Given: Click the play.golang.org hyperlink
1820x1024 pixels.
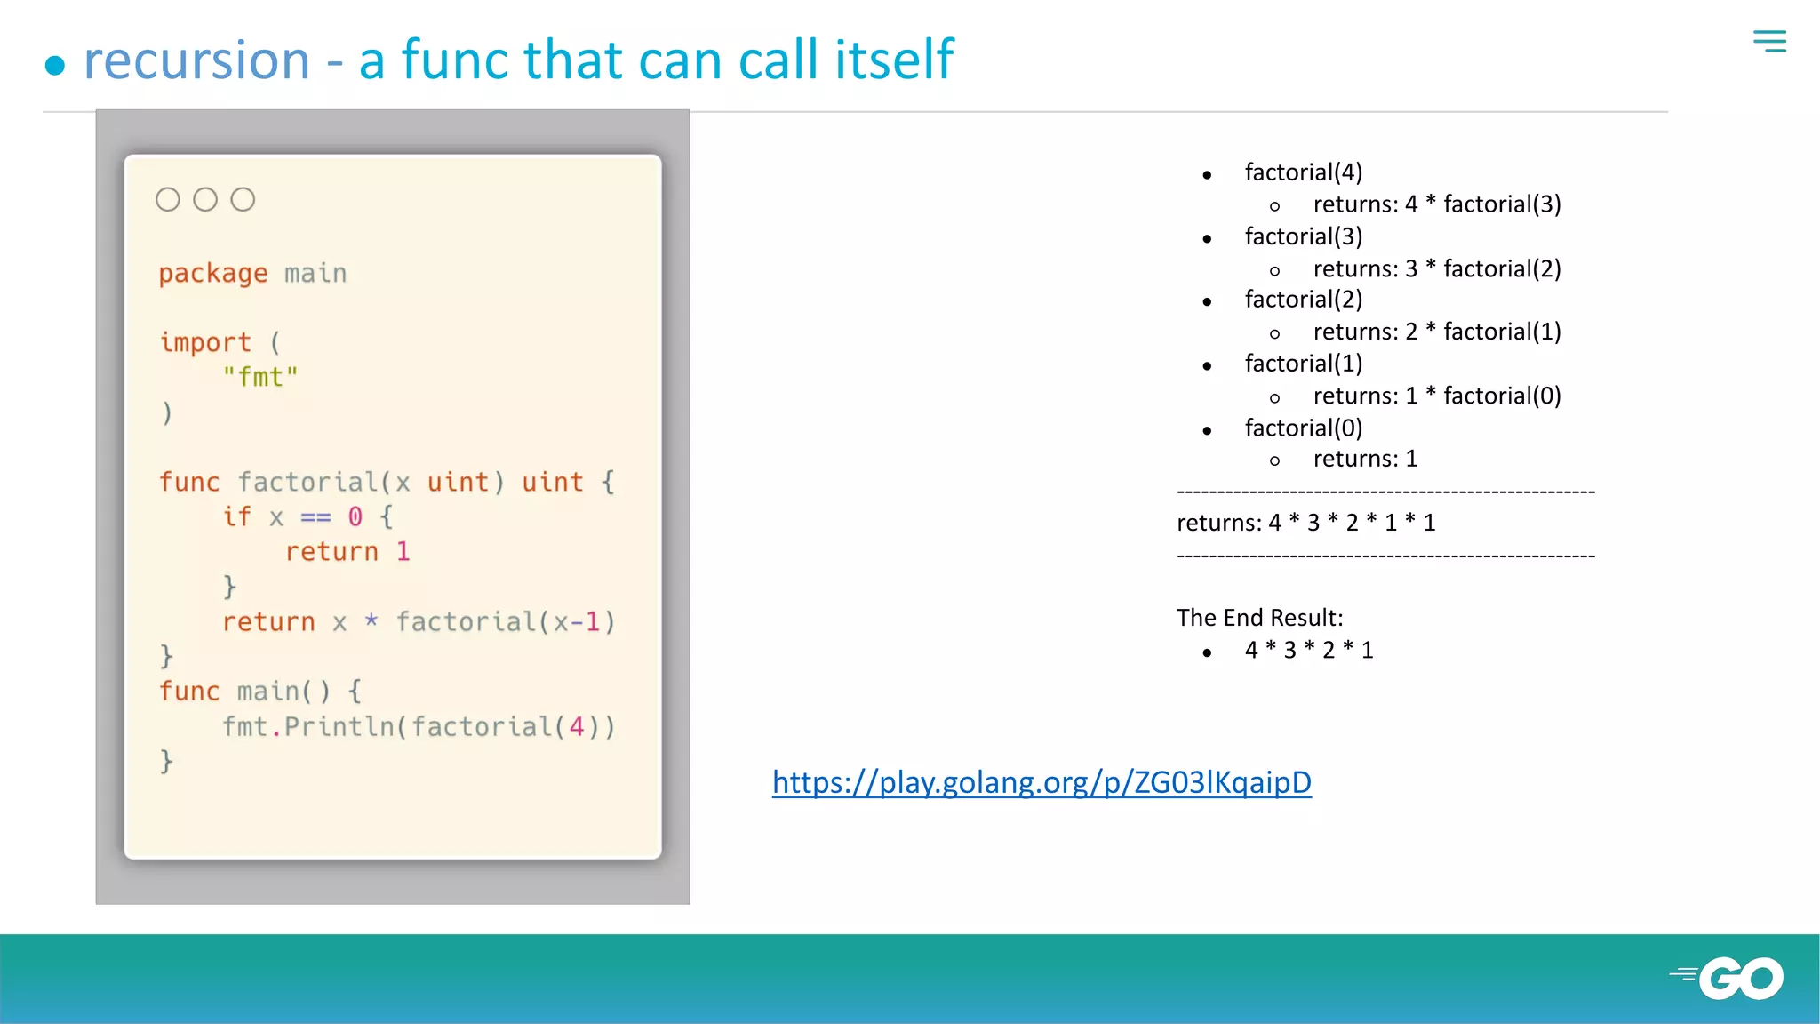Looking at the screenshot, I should tap(1042, 782).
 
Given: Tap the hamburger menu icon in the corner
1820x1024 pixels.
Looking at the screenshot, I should tap(1769, 41).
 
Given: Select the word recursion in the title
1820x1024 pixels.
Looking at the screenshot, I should tap(196, 60).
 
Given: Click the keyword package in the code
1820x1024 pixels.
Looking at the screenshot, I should tap(213, 274).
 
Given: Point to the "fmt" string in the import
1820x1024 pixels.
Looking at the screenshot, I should tap(260, 377).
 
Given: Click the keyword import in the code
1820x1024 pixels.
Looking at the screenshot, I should tap(205, 342).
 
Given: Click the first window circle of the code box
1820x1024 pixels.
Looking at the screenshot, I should tap(168, 200).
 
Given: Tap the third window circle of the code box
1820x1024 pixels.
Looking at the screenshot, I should tap(243, 200).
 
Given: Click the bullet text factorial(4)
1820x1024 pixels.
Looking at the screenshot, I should tap(1303, 172).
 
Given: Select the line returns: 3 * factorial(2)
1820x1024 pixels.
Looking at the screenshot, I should tap(1436, 268).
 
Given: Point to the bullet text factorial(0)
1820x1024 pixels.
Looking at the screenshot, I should tap(1303, 428).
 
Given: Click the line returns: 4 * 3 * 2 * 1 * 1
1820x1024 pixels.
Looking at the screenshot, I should tap(1305, 523).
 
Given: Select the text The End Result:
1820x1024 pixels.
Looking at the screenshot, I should tap(1259, 618).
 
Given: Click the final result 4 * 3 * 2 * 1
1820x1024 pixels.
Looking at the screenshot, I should tap(1308, 651).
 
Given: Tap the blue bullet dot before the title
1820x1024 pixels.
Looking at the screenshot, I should tap(55, 65).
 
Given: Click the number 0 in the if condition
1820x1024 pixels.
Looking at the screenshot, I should tap(355, 516).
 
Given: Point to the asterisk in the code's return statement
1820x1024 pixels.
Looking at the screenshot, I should tap(371, 620).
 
